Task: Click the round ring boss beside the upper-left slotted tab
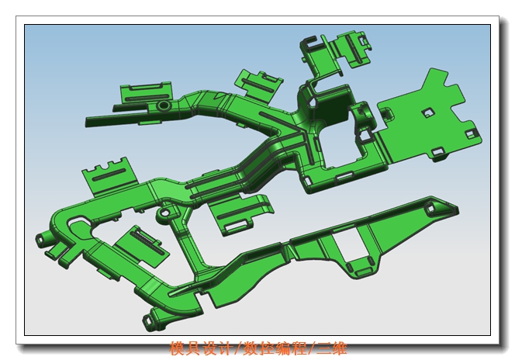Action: click(163, 106)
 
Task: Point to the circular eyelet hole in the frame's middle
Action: click(165, 213)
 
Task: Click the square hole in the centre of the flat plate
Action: click(428, 113)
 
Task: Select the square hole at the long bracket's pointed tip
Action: click(430, 209)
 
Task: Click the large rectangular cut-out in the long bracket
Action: click(347, 243)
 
